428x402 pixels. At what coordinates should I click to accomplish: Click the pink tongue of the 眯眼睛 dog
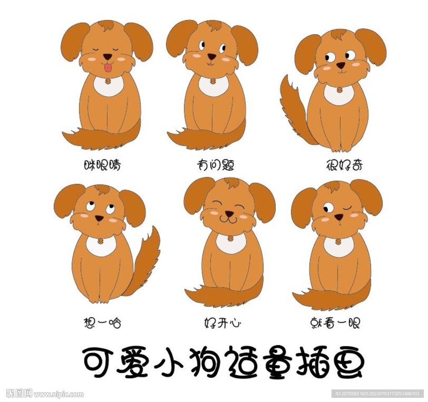pos(108,67)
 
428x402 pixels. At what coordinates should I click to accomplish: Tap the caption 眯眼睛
pos(102,165)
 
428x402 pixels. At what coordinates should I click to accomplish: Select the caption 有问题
pos(215,165)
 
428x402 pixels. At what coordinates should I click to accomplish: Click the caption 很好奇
pos(344,165)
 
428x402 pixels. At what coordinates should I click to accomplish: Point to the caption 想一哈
pos(102,323)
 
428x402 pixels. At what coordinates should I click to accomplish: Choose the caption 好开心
pos(222,323)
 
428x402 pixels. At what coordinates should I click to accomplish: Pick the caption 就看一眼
pos(335,323)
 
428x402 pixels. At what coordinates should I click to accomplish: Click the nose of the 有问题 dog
pos(212,56)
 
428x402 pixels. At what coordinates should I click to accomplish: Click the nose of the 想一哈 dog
pos(99,218)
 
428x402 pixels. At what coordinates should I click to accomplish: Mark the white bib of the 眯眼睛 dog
pos(108,85)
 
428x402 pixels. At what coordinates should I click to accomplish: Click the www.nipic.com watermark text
pos(59,394)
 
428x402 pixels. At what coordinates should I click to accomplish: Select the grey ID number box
pos(377,394)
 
